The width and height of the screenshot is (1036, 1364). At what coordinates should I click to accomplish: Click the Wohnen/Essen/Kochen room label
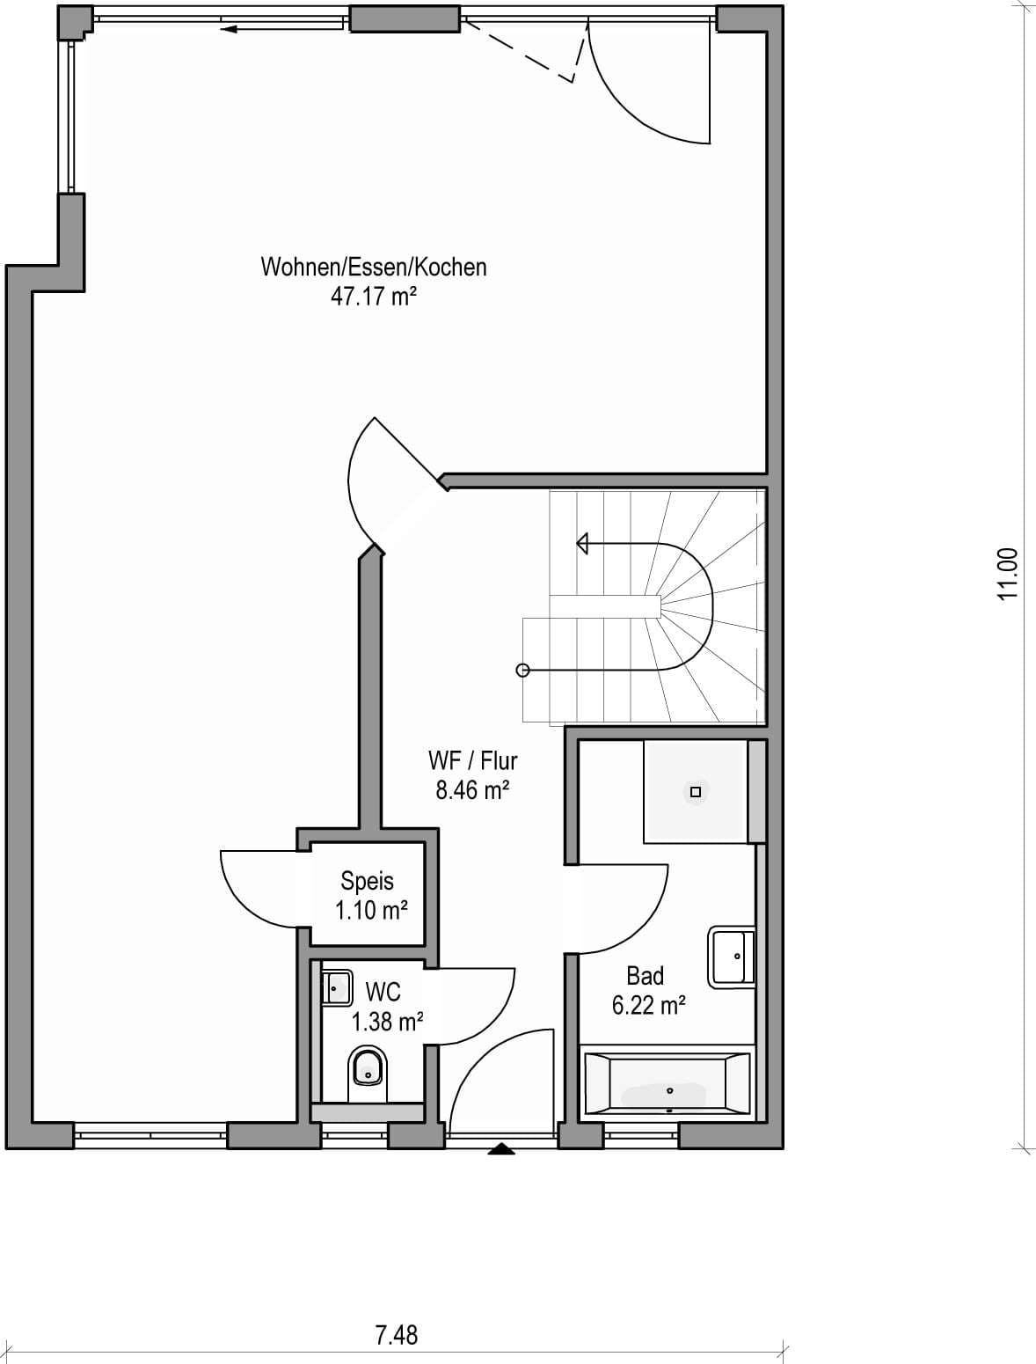[374, 267]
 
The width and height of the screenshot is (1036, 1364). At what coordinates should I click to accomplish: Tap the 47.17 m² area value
[374, 297]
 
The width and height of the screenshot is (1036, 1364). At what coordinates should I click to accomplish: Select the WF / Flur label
[472, 760]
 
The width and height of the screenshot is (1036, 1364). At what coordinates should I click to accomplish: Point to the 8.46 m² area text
[472, 790]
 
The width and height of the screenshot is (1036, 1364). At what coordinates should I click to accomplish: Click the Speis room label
[367, 882]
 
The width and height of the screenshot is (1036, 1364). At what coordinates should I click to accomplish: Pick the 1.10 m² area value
[371, 911]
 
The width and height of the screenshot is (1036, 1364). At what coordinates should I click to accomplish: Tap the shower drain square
[696, 792]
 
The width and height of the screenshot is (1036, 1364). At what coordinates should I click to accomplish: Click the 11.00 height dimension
[1008, 574]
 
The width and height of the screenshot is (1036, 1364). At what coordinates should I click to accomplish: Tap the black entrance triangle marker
[501, 1149]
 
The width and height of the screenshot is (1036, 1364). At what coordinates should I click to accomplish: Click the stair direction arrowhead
[581, 544]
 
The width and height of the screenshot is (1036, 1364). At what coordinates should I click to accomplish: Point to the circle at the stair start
[522, 670]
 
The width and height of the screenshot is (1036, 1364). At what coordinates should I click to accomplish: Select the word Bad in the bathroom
[645, 976]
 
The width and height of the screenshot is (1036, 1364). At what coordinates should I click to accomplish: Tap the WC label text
[383, 992]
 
